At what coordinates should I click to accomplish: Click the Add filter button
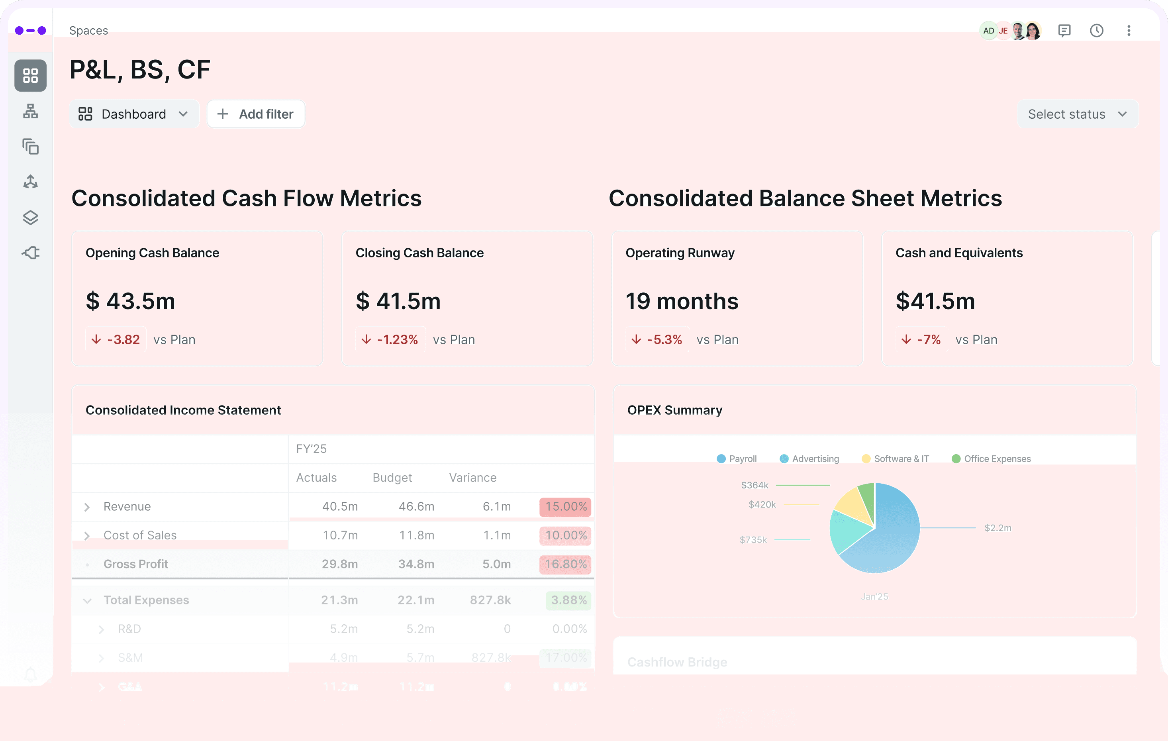click(256, 114)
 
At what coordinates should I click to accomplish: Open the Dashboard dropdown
click(133, 114)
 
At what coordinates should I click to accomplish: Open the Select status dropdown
click(1077, 114)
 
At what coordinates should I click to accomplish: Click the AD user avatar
click(988, 31)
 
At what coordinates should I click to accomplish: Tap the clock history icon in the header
click(1096, 31)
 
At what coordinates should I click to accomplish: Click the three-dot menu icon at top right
click(1129, 31)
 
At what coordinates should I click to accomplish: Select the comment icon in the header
click(1064, 31)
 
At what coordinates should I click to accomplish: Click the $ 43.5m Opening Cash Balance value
click(131, 301)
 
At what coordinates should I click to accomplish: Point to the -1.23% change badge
click(391, 339)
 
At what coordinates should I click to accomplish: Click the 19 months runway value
click(682, 301)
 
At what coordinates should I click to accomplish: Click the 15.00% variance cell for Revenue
click(565, 507)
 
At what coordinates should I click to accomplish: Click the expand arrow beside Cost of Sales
click(87, 536)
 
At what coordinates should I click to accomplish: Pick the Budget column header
click(392, 478)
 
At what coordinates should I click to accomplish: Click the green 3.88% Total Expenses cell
click(568, 600)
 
